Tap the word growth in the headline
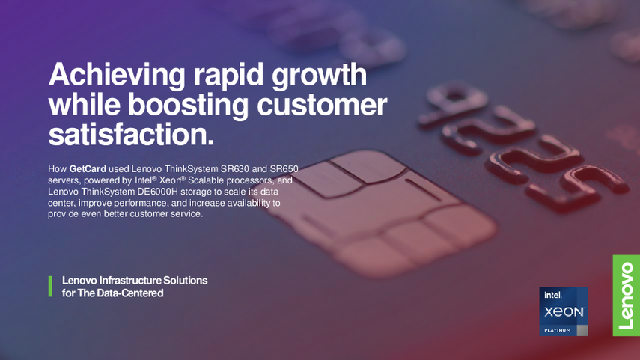(319, 75)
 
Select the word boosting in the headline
(188, 105)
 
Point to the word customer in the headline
(322, 105)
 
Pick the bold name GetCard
(88, 169)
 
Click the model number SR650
(284, 169)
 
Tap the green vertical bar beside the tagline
(50, 286)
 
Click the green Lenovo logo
(626, 296)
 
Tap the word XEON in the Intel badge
(564, 312)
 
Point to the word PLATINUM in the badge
(557, 330)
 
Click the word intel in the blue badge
(552, 295)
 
